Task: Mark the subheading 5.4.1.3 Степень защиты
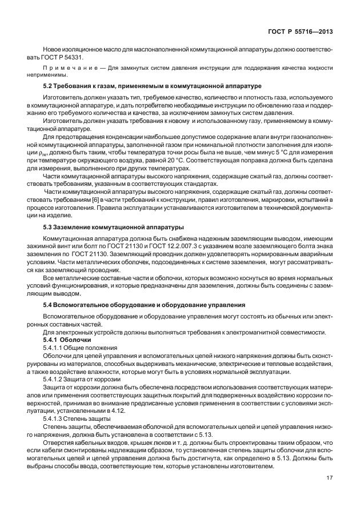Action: click(x=79, y=418)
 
